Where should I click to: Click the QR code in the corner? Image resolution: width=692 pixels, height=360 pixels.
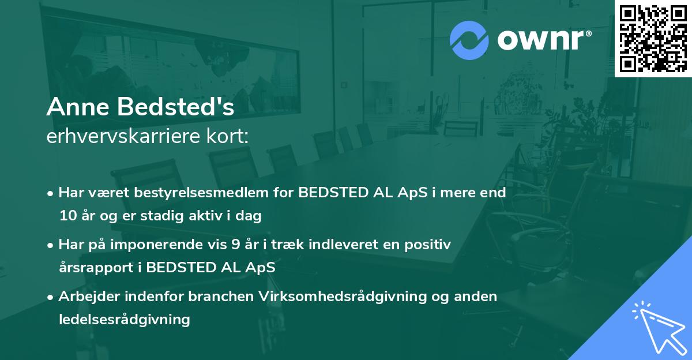point(653,39)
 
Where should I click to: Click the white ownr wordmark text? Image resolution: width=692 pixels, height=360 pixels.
point(543,40)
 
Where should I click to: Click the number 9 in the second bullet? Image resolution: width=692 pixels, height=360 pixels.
point(235,245)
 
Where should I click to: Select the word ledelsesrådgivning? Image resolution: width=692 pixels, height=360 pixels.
point(125,320)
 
